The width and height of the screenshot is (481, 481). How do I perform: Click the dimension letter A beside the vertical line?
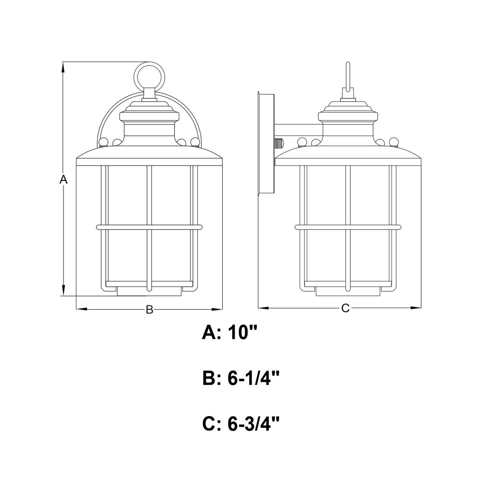[63, 179]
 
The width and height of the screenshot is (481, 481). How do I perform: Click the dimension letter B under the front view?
[149, 309]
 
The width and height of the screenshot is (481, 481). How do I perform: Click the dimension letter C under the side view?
[345, 308]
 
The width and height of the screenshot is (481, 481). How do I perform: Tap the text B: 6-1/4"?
[241, 378]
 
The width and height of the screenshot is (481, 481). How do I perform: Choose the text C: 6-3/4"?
[241, 424]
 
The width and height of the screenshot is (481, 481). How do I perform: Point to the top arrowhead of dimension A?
[63, 67]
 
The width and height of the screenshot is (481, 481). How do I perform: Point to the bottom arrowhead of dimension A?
[63, 290]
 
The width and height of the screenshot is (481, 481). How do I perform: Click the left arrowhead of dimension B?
[82, 309]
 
